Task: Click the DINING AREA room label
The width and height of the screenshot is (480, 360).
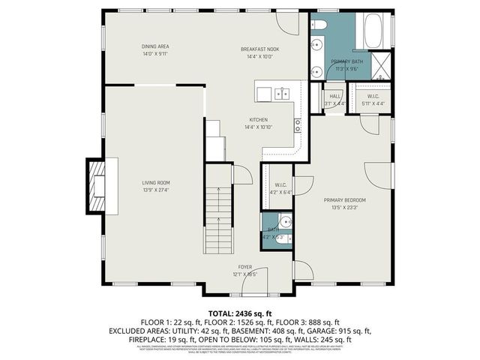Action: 155,46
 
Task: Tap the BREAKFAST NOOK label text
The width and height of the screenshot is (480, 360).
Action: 259,49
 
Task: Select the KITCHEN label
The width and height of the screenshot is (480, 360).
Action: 259,119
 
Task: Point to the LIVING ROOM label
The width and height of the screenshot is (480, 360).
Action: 157,182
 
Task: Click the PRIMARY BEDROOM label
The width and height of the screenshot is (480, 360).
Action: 345,199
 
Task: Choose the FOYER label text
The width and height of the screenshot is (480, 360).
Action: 244,267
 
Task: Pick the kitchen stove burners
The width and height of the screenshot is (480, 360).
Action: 298,124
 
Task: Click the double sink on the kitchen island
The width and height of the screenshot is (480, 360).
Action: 283,94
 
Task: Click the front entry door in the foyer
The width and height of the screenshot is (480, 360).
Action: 256,280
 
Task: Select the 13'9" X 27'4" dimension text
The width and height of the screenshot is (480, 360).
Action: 157,190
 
